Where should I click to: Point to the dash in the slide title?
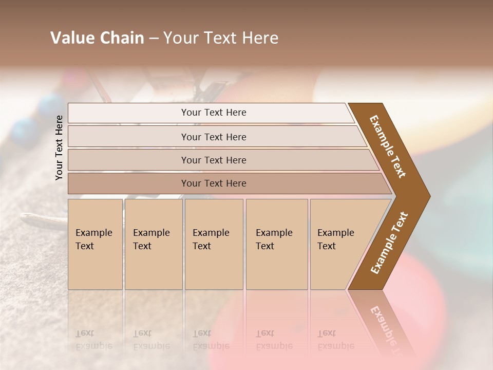(x=153, y=39)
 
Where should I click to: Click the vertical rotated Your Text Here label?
(x=59, y=147)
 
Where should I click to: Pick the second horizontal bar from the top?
(x=214, y=137)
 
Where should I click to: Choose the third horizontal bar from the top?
(x=214, y=160)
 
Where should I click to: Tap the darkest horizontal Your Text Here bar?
(x=214, y=183)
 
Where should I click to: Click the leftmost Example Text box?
(x=95, y=244)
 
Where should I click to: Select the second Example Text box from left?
(x=154, y=244)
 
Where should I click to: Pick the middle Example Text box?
(x=214, y=244)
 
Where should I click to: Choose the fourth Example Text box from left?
(x=277, y=244)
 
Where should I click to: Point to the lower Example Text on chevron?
(x=389, y=243)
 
